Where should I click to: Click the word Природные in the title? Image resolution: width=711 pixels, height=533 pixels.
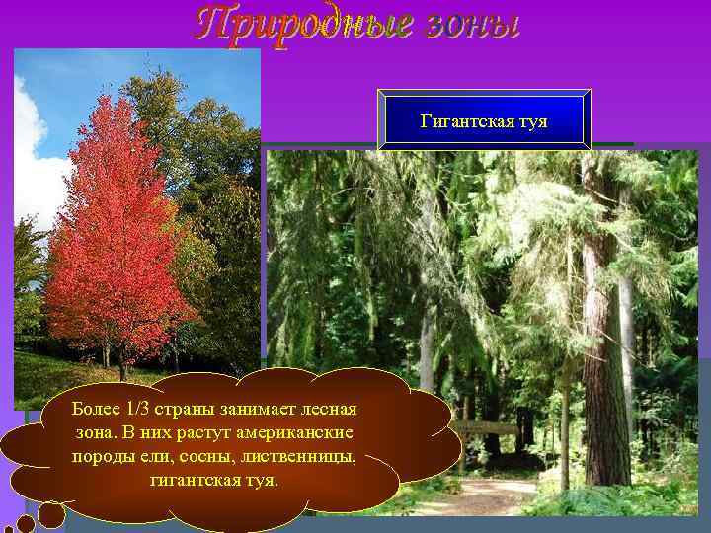(301, 23)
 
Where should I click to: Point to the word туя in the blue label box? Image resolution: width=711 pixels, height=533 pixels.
(534, 122)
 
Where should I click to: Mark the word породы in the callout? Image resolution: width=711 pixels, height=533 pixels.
(104, 457)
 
